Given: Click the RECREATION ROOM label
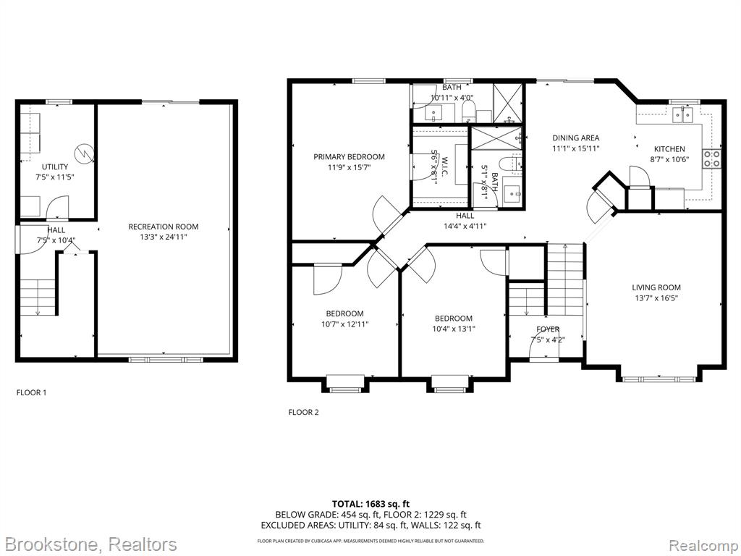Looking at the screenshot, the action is [164, 227].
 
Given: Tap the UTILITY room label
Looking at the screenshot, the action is [55, 167].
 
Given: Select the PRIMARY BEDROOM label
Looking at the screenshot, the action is [350, 157].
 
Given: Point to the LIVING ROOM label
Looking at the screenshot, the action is [656, 287].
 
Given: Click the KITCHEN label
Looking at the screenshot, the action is [669, 149].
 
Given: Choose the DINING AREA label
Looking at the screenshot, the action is [575, 138].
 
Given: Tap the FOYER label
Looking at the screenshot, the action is [548, 329].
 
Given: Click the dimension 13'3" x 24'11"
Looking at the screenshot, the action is [164, 237].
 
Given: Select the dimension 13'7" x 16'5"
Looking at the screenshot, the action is [656, 298].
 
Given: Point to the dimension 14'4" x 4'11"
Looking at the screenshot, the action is [465, 226].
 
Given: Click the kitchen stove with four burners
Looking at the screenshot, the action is [712, 159].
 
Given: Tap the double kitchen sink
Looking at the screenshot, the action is [683, 114].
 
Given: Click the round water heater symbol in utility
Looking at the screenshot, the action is [84, 153].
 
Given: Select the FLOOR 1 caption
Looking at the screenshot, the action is [32, 392].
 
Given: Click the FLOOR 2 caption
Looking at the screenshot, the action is [303, 412].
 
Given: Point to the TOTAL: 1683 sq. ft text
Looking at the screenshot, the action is [370, 504].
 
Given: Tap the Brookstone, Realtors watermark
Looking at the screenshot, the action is [89, 544].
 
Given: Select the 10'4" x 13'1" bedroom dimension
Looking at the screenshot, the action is [454, 329].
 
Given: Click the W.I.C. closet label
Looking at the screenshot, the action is [444, 167].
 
